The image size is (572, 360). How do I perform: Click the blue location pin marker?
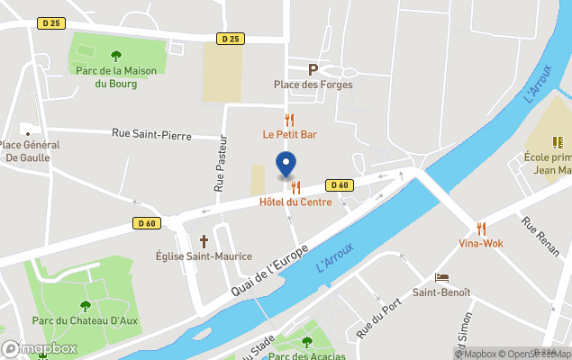pyautogui.click(x=286, y=166)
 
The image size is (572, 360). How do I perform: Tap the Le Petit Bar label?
pyautogui.click(x=289, y=134)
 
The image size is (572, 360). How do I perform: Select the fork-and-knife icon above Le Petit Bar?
pyautogui.click(x=289, y=119)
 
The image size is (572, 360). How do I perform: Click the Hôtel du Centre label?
pyautogui.click(x=295, y=202)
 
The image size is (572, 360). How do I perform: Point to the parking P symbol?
pyautogui.click(x=313, y=69)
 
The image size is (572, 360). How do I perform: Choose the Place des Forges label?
pyautogui.click(x=313, y=85)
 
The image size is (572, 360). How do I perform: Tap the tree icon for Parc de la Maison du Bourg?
pyautogui.click(x=114, y=57)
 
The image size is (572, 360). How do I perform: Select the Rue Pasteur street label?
pyautogui.click(x=219, y=170)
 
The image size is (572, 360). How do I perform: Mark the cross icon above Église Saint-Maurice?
pyautogui.click(x=204, y=241)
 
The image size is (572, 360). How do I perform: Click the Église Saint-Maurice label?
pyautogui.click(x=204, y=256)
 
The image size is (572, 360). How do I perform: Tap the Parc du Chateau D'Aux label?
pyautogui.click(x=86, y=321)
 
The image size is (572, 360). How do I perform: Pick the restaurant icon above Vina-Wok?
pyautogui.click(x=481, y=229)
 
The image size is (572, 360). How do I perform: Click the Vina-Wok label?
pyautogui.click(x=480, y=244)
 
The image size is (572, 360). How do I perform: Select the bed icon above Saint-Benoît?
pyautogui.click(x=441, y=277)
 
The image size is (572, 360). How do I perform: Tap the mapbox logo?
pyautogui.click(x=41, y=348)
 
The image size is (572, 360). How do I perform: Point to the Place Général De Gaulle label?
pyautogui.click(x=30, y=151)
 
